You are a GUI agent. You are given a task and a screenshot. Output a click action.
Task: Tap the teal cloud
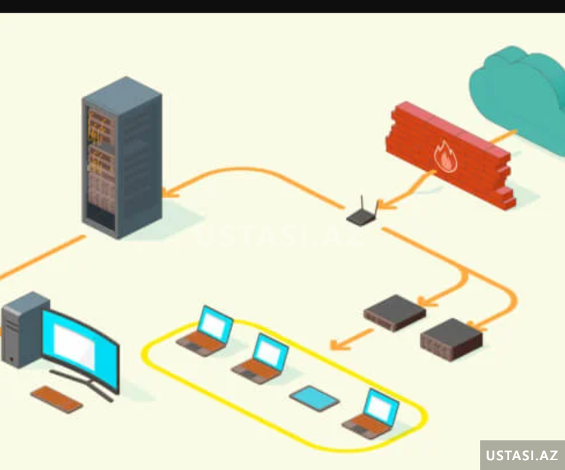coord(519,92)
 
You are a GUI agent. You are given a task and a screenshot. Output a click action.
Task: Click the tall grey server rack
coord(121,159)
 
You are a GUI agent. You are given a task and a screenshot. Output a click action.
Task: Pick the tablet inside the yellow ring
coord(314,399)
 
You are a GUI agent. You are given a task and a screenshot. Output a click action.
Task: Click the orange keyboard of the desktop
coord(56,398)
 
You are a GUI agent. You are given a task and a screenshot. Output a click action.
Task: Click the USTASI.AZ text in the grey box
coord(523,455)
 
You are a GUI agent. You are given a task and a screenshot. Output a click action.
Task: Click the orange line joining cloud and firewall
coord(503,137)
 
